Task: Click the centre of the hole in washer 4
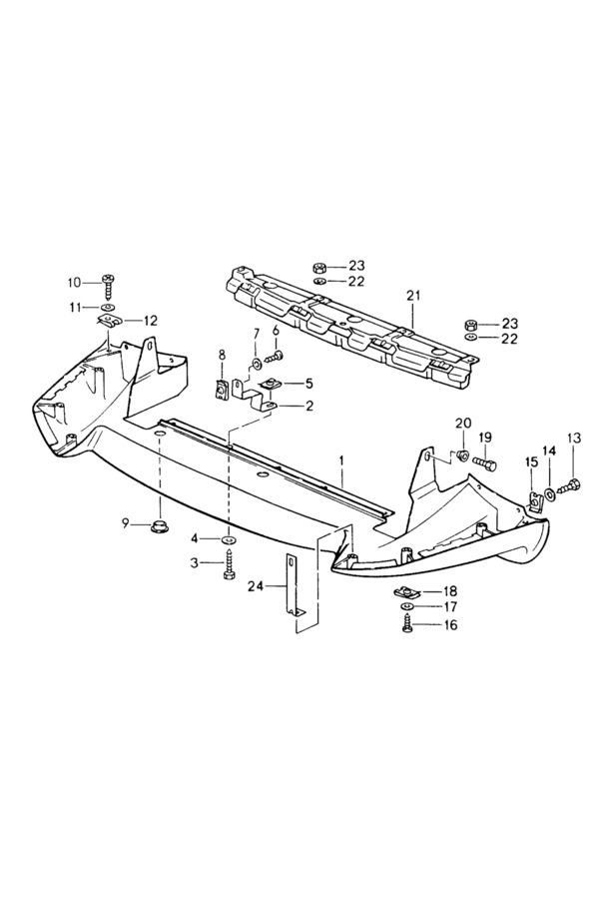click(x=229, y=539)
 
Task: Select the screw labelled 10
click(x=109, y=284)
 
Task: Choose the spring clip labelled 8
click(x=222, y=390)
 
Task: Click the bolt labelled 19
click(x=485, y=464)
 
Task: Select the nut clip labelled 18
click(x=407, y=590)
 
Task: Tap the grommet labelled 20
click(x=462, y=456)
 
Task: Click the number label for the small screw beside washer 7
click(x=276, y=331)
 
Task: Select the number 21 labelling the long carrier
click(x=413, y=296)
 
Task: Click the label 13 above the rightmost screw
click(x=573, y=439)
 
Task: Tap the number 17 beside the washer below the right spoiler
click(x=450, y=606)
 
